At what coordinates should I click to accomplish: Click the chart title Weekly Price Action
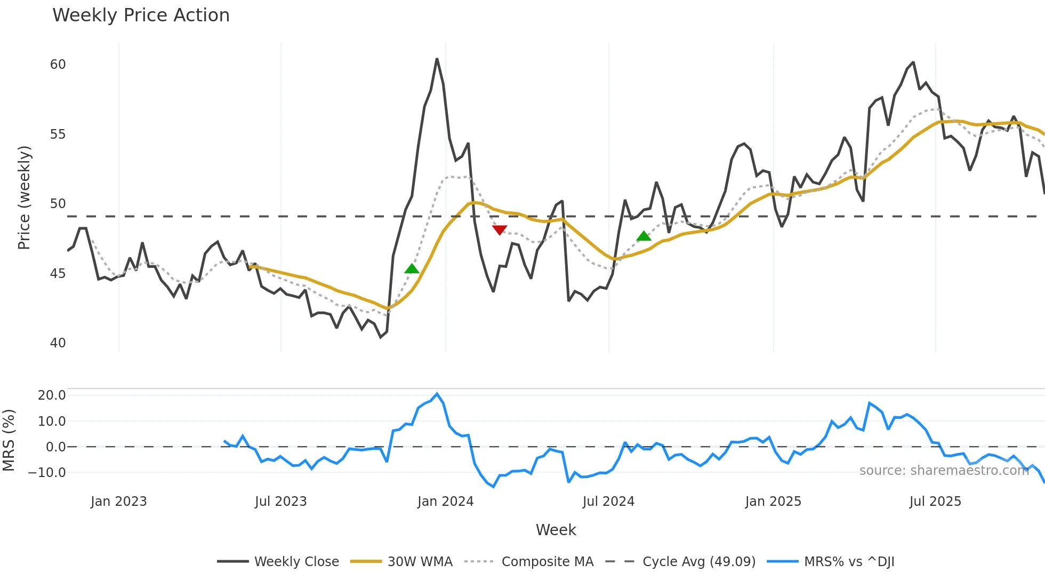click(141, 15)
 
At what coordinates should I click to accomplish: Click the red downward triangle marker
click(500, 230)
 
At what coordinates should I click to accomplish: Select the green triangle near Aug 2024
click(644, 236)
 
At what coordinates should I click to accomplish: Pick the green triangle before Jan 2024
click(412, 269)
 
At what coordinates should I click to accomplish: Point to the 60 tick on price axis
click(58, 65)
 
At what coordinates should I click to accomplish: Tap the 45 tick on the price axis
click(58, 274)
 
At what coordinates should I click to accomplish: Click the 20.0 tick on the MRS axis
click(52, 395)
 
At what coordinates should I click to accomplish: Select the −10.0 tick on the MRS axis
click(47, 473)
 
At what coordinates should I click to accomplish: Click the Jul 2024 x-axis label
click(608, 502)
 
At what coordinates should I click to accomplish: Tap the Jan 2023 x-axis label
click(118, 502)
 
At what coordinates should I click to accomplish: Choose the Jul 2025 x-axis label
click(935, 502)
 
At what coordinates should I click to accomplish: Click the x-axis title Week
click(556, 530)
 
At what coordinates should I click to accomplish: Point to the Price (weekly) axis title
click(24, 197)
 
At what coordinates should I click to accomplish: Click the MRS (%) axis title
click(9, 440)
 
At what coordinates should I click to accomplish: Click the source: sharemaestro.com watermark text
click(944, 471)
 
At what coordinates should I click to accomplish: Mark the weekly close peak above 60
click(437, 59)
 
